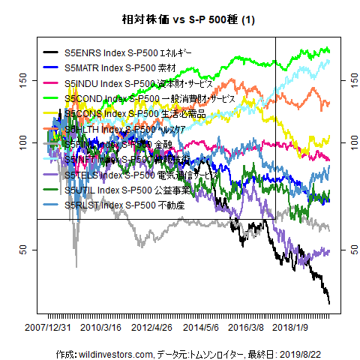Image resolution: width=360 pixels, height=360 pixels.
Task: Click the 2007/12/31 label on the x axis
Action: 49,328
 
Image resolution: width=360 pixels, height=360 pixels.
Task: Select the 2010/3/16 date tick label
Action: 101,328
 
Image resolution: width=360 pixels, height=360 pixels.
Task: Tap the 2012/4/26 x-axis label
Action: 151,328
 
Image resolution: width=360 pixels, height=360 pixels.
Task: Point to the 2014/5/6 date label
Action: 201,328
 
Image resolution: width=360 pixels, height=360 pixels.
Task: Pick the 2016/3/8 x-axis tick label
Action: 246,328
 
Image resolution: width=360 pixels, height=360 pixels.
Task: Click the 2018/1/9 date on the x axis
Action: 291,328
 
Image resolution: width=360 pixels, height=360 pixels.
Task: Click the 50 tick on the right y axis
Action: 346,249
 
